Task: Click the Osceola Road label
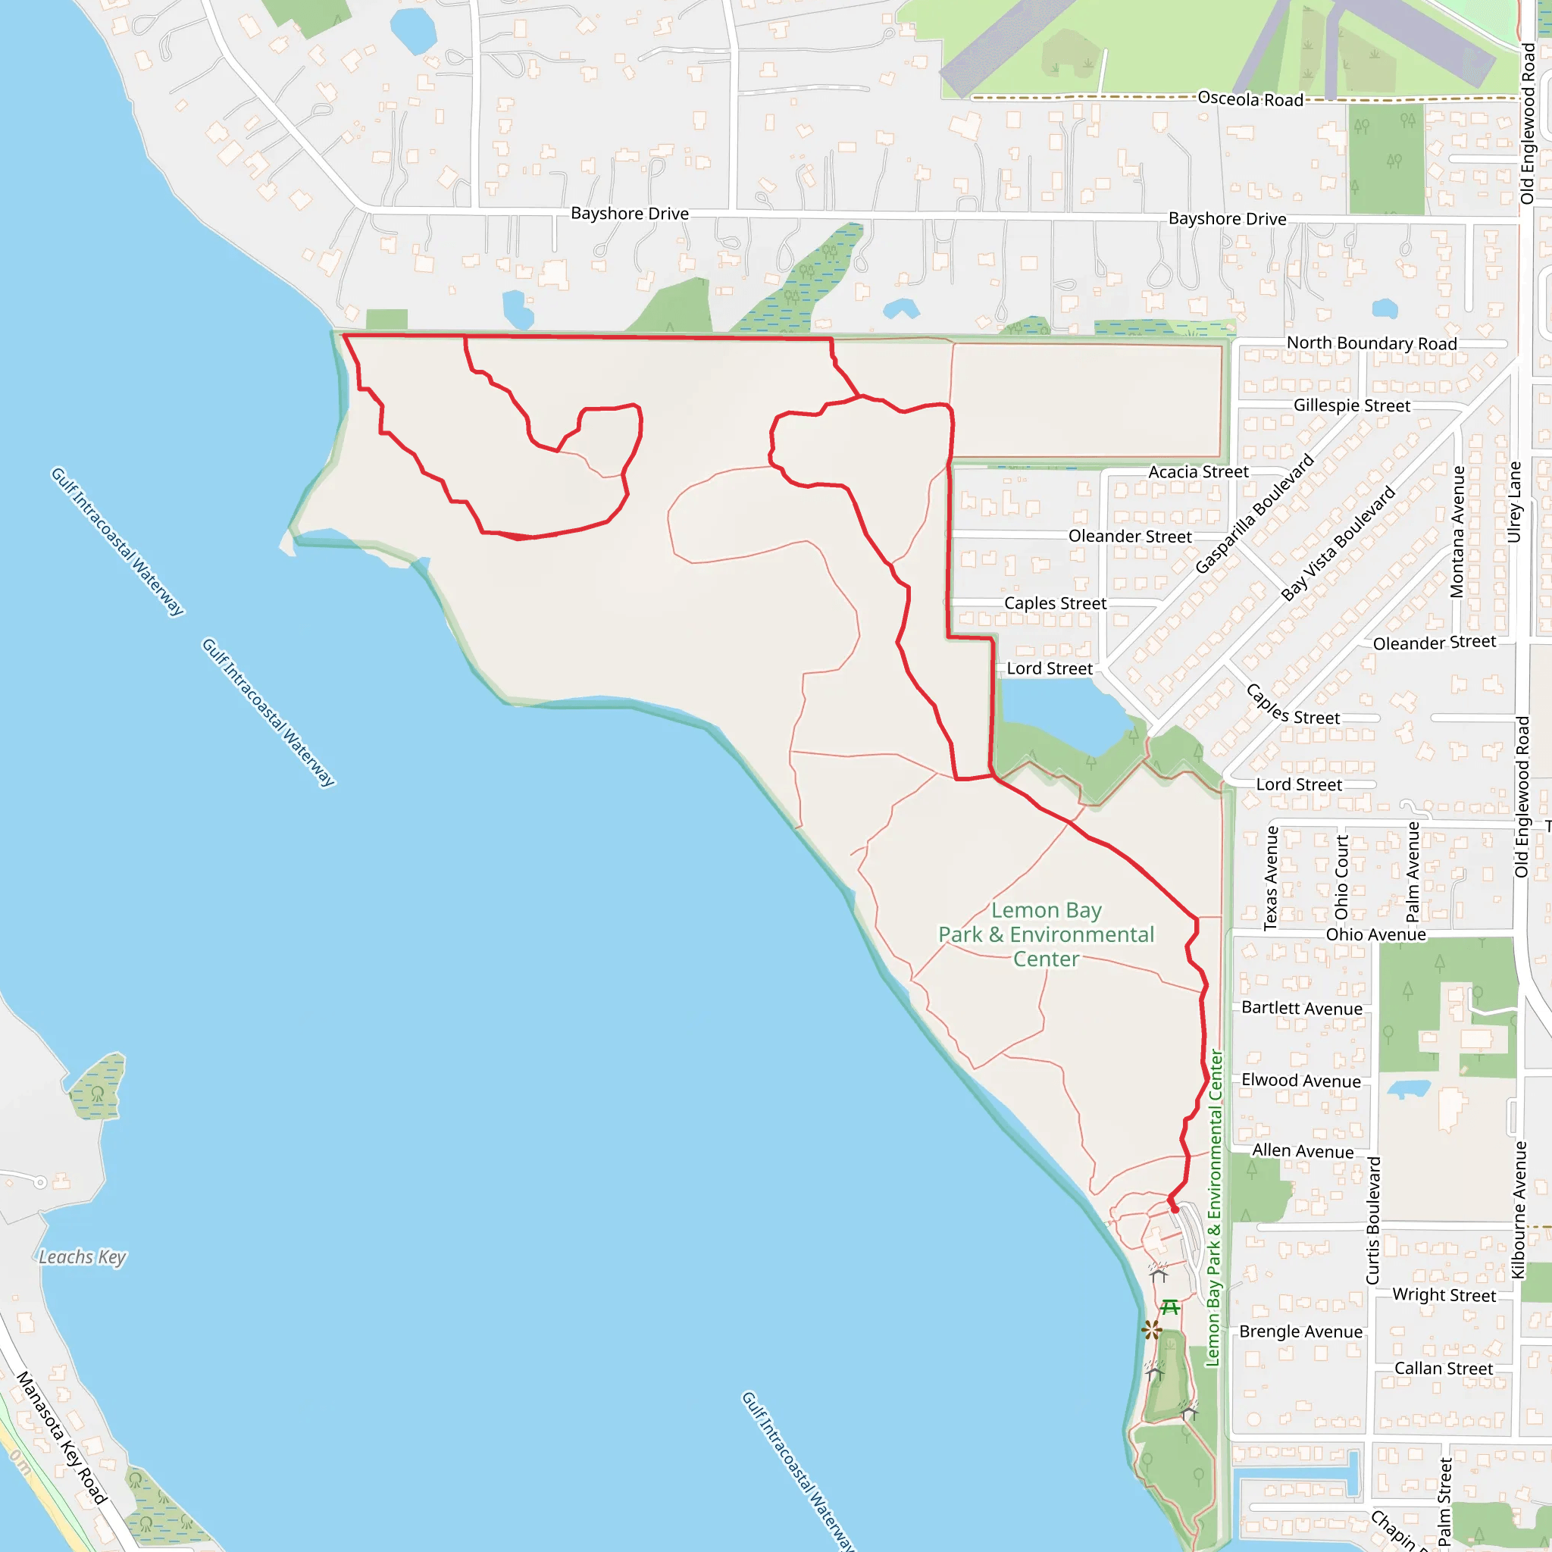click(1250, 99)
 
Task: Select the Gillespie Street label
click(1351, 405)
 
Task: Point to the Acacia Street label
click(1198, 471)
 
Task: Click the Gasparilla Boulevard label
click(1254, 514)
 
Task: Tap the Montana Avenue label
click(1457, 532)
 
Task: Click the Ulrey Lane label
click(1514, 502)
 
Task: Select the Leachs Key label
click(83, 1256)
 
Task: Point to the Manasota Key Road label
click(61, 1437)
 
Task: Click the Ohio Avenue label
click(1375, 934)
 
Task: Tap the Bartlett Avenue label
click(1301, 1008)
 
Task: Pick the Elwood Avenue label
click(1300, 1081)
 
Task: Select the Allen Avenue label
click(1302, 1151)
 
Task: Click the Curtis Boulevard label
click(1374, 1220)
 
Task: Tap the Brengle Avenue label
click(1300, 1331)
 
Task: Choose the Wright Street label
click(1444, 1295)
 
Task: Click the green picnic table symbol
click(1170, 1307)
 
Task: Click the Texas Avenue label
click(1271, 878)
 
